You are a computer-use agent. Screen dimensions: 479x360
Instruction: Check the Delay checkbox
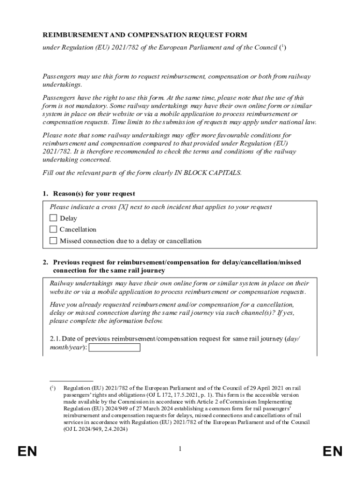53,218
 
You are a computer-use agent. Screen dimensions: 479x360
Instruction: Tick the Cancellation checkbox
53,229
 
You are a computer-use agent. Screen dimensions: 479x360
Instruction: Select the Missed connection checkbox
53,241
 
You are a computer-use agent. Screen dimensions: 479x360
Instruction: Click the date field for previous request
114,348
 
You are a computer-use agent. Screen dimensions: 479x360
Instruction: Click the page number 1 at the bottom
180,449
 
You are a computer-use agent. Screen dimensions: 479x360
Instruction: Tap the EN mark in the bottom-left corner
27,451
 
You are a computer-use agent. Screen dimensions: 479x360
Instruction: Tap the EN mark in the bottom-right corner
332,451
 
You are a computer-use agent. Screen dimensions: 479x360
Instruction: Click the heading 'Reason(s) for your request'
94,194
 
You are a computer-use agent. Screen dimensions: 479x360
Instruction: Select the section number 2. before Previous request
46,263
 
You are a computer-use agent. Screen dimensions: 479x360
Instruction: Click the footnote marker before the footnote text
53,388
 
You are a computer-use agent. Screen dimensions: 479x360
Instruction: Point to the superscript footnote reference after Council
281,46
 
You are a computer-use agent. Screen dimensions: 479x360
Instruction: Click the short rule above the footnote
71,381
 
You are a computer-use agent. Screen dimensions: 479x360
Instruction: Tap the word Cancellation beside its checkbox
78,230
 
